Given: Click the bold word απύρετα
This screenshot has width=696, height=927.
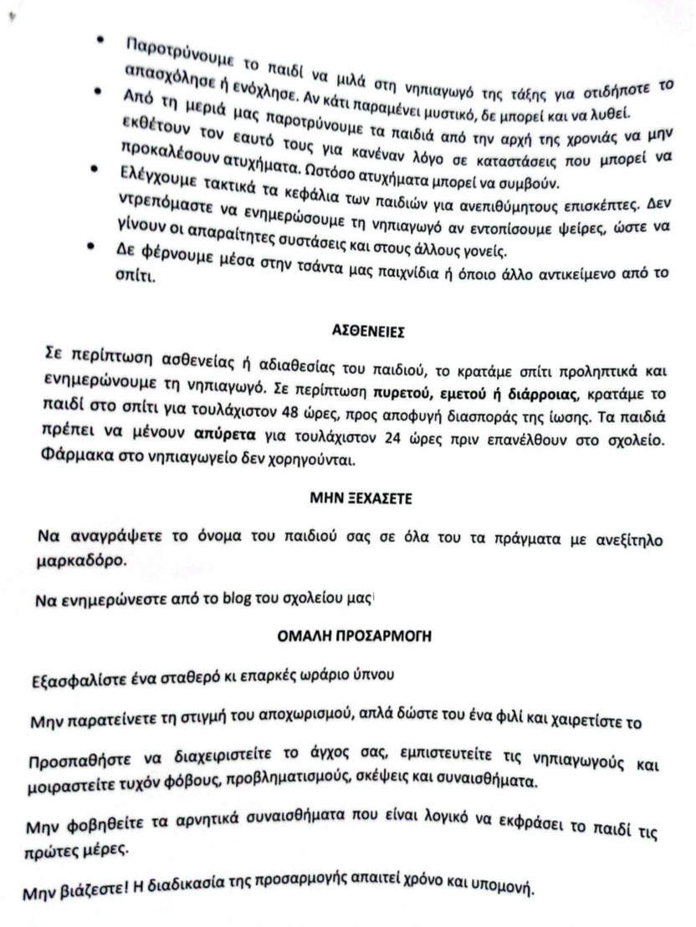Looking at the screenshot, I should tap(219, 435).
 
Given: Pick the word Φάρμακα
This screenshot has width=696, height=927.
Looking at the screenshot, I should tap(76, 459).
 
